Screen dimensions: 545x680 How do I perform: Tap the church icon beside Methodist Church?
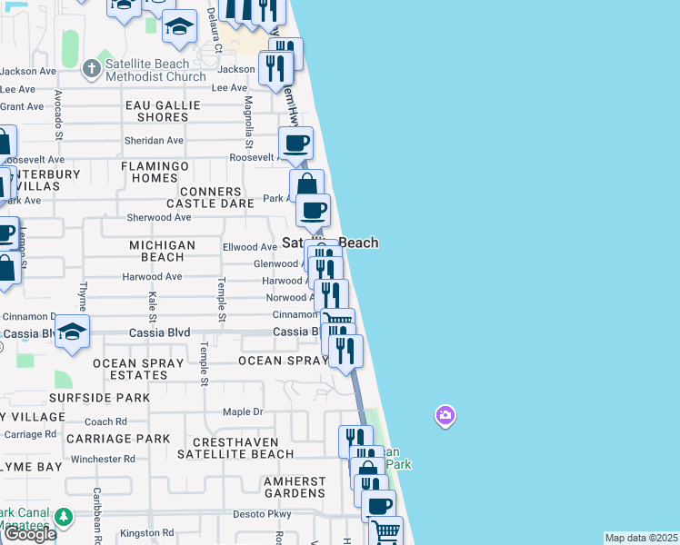click(x=91, y=69)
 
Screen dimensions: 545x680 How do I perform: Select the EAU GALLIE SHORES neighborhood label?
click(x=163, y=111)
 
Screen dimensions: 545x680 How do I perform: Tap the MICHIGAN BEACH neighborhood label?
click(x=162, y=251)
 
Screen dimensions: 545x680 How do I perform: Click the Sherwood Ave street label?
click(x=159, y=218)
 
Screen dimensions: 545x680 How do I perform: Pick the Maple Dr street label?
click(x=243, y=412)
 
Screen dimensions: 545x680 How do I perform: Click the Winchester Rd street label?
click(x=103, y=459)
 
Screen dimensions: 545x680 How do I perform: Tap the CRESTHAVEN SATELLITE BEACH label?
click(x=235, y=447)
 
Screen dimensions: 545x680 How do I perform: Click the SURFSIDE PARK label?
click(x=100, y=398)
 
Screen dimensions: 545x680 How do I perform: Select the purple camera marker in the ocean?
click(x=445, y=416)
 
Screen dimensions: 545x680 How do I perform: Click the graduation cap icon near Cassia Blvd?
click(x=72, y=331)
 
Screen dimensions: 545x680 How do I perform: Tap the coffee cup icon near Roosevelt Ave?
click(x=295, y=143)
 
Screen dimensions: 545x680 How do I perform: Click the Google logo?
click(x=29, y=534)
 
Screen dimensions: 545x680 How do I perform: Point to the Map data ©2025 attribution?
click(x=642, y=538)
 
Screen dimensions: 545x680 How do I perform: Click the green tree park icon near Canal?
click(x=63, y=518)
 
